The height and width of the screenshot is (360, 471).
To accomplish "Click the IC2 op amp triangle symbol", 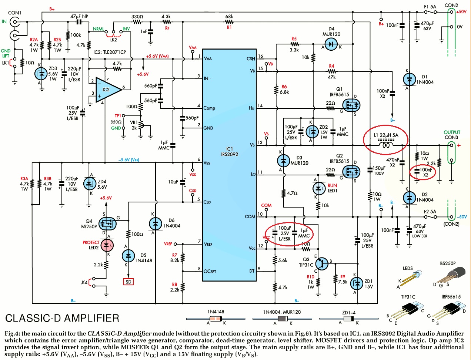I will (107, 90).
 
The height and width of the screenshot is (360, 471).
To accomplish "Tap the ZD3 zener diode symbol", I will (41, 74).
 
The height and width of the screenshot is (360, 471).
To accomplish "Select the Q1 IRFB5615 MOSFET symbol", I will (351, 105).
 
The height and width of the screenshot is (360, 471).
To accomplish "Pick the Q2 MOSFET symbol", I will (351, 172).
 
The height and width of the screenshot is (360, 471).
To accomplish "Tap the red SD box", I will (128, 282).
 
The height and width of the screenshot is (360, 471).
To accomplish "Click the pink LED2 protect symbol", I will (107, 245).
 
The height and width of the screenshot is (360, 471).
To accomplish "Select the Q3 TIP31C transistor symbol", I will (322, 264).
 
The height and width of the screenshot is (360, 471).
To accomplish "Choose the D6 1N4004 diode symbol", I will (155, 223).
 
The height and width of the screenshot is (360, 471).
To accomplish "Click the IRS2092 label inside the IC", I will (230, 154).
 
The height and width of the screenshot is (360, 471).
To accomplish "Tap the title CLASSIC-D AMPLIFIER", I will (62, 318).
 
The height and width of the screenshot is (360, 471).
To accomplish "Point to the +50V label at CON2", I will (461, 12).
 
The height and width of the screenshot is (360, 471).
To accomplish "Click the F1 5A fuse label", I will (430, 7).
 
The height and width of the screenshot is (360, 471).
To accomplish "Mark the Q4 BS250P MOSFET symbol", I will (108, 223).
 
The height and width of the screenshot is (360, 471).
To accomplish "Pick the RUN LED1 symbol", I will (319, 189).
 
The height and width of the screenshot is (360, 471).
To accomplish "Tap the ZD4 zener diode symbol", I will (89, 183).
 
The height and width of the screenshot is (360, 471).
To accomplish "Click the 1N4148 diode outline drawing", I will (216, 319).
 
